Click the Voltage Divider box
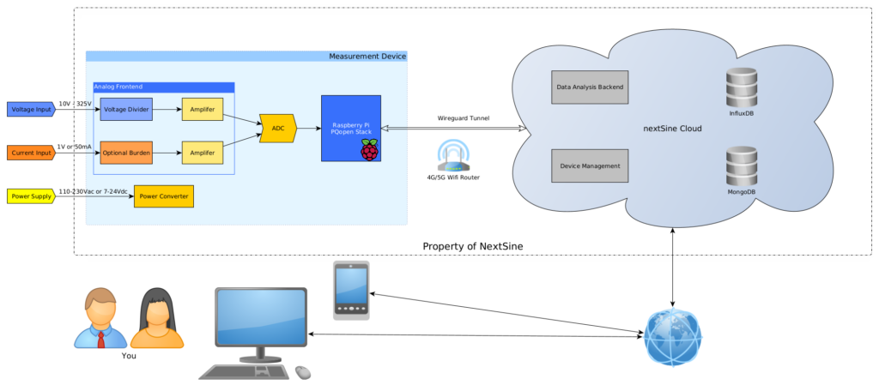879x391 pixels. [125, 109]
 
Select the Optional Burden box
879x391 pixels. [125, 152]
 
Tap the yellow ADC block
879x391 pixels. [277, 128]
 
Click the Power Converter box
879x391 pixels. [162, 195]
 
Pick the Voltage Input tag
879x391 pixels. [31, 109]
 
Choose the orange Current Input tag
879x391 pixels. [31, 153]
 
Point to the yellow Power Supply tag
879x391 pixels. [31, 195]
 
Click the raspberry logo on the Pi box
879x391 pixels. [368, 151]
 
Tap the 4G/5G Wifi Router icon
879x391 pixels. [452, 154]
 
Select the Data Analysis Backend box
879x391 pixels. [590, 87]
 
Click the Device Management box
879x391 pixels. [590, 165]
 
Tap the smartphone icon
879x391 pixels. [350, 290]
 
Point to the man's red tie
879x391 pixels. [101, 337]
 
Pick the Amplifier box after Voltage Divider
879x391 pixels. [202, 109]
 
